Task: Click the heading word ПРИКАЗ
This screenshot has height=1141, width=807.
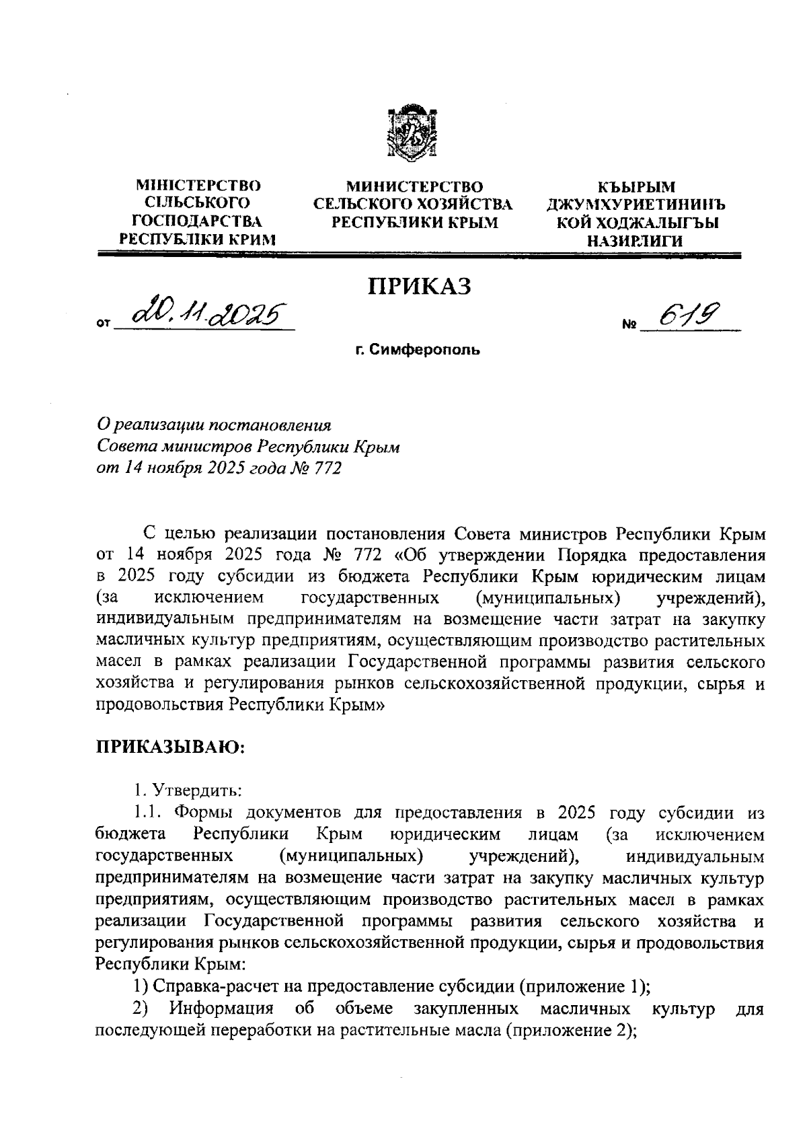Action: pos(419,286)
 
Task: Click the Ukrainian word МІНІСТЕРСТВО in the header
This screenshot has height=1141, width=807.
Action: pos(198,186)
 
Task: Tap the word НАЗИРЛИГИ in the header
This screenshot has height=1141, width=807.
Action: pos(635,240)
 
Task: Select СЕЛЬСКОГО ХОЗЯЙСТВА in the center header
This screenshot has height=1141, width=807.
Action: pos(414,204)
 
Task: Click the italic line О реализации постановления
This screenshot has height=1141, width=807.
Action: pos(215,426)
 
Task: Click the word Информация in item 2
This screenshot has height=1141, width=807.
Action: pos(221,1008)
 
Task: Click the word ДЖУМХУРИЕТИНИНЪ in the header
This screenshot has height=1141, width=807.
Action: pos(636,204)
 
